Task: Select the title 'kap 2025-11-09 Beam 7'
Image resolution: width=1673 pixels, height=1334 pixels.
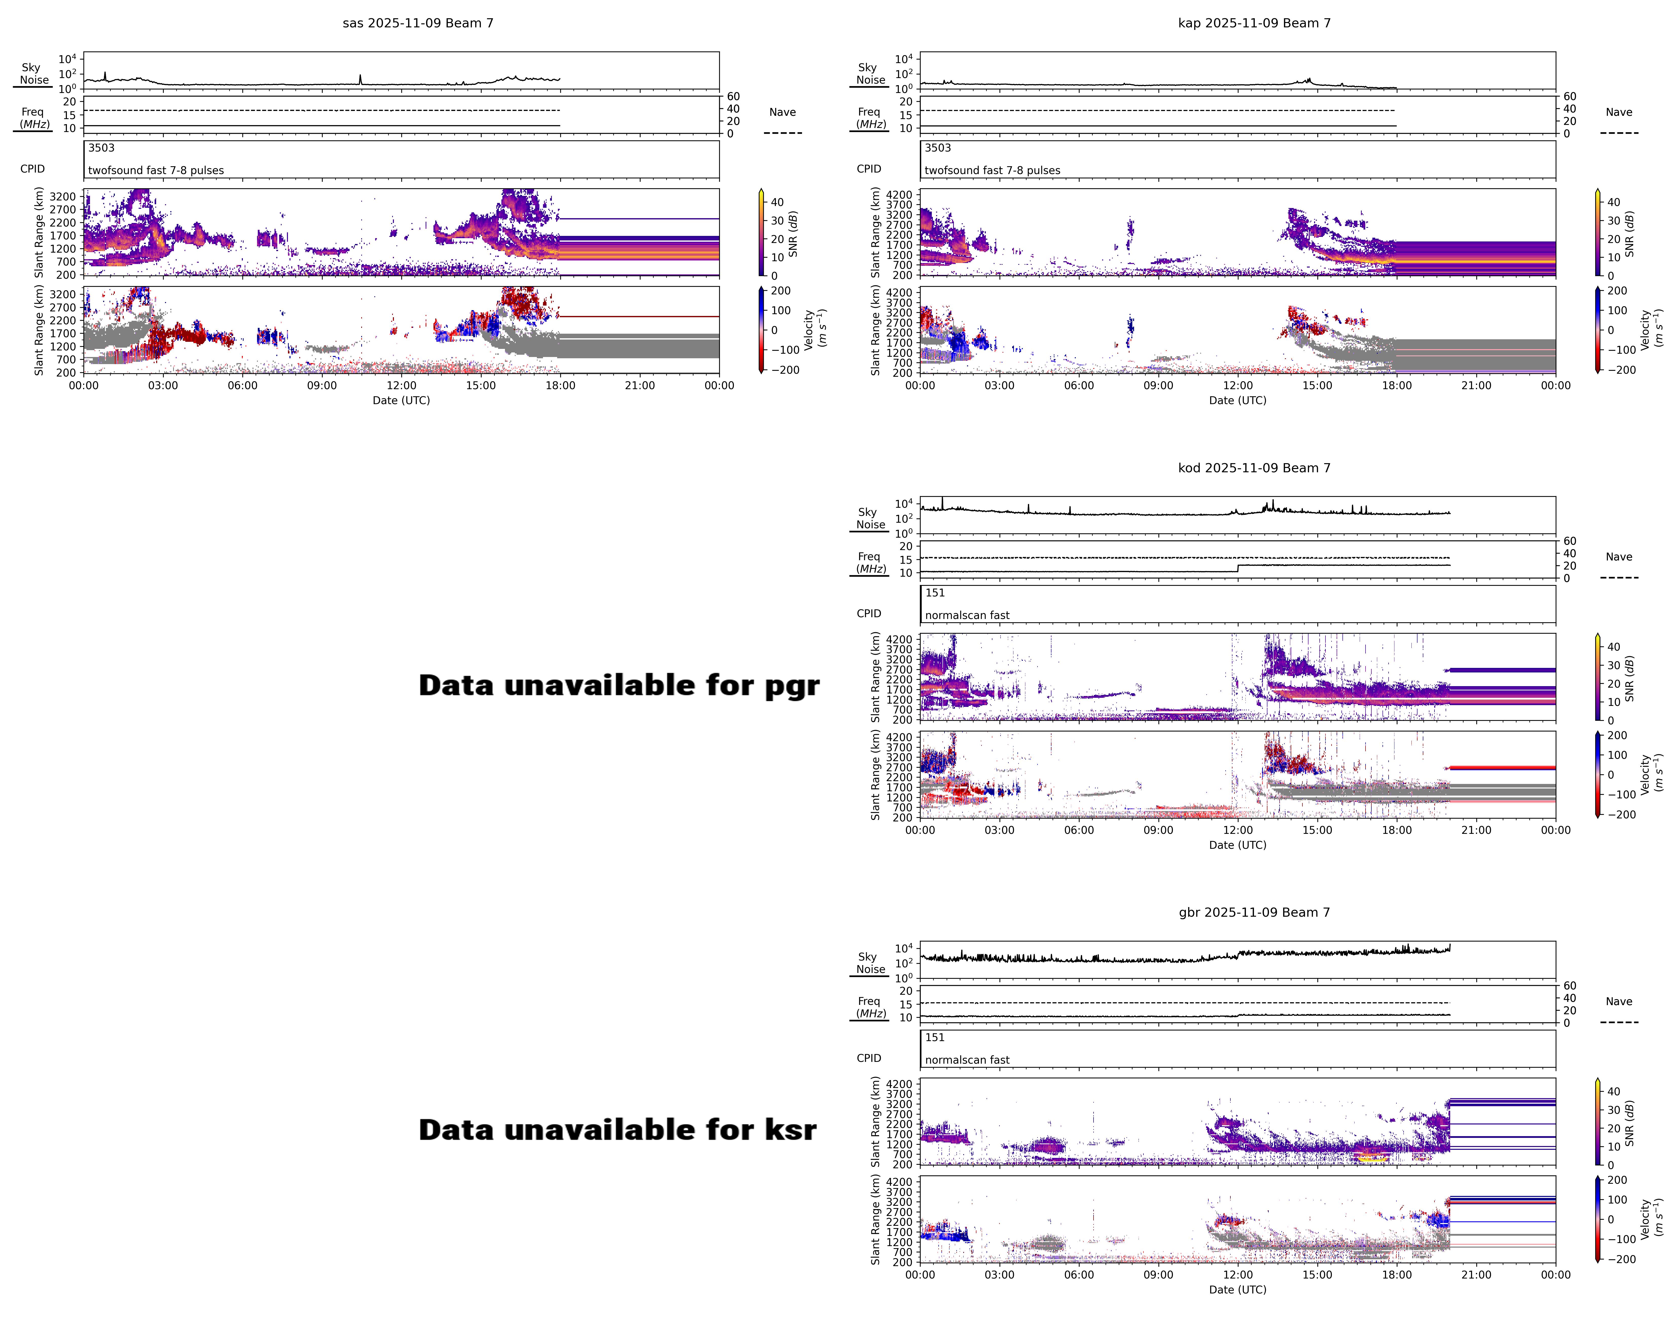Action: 1254,23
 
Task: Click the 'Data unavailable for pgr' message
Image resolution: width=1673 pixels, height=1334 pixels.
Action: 619,686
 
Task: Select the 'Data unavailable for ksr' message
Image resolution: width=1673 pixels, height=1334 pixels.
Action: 617,1130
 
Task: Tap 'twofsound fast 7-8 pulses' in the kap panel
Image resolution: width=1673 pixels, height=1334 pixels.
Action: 992,171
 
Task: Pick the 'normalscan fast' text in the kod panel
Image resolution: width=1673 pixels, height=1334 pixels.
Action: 967,615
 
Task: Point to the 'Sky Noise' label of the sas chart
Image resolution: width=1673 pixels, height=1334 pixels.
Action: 33,74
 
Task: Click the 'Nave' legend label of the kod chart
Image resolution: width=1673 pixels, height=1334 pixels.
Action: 1619,557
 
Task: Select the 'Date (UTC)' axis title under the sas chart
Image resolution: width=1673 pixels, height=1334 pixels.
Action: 401,400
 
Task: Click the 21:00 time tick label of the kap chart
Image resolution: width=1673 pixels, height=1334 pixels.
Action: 1476,385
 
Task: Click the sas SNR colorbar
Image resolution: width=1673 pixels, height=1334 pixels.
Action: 761,233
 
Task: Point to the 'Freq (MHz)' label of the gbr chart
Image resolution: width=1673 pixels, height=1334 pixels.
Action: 870,1007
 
